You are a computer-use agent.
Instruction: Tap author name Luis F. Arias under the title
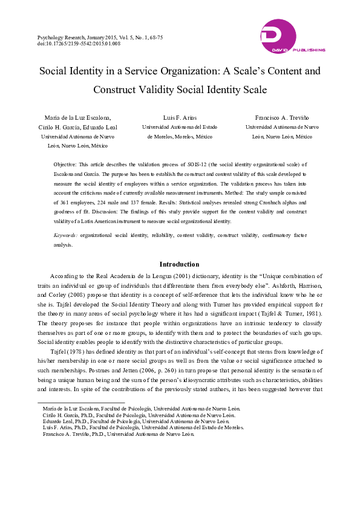point(180,117)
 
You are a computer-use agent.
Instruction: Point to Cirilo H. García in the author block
point(62,127)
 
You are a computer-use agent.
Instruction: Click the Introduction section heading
point(179,264)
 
